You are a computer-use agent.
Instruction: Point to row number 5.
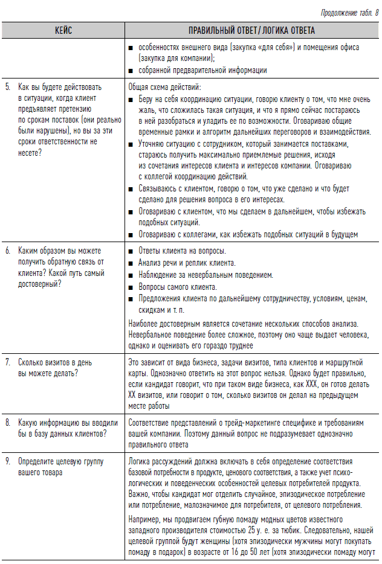[x=8, y=87]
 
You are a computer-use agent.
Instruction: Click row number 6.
[x=8, y=250]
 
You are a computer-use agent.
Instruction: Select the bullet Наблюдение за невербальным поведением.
[x=206, y=275]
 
